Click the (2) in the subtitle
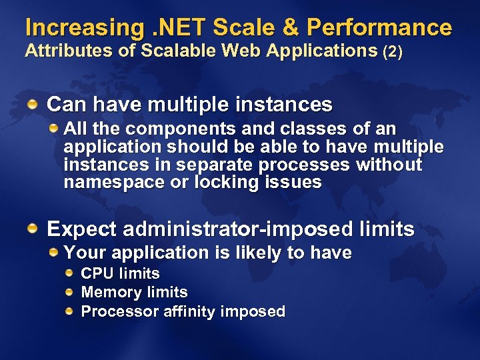pyautogui.click(x=393, y=52)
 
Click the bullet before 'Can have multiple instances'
pyautogui.click(x=33, y=104)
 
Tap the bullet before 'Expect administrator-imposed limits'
pyautogui.click(x=33, y=229)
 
